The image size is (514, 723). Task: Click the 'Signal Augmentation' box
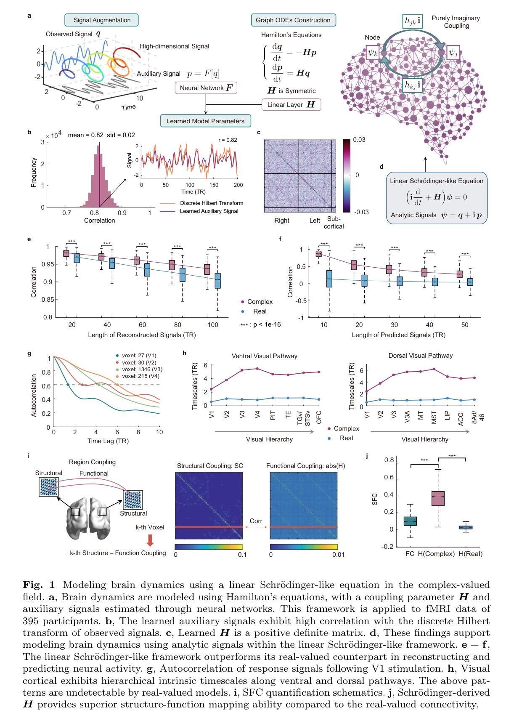coord(102,20)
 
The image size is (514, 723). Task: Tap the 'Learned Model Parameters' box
coord(205,121)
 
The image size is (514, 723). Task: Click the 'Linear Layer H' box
coord(291,104)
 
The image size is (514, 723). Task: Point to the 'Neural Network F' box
coord(206,88)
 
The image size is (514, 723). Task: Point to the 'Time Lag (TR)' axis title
coord(108,441)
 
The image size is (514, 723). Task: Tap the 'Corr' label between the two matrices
coord(256,521)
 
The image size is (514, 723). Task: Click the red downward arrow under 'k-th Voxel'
coord(150,540)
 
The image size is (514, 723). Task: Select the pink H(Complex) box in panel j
coord(438,498)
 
